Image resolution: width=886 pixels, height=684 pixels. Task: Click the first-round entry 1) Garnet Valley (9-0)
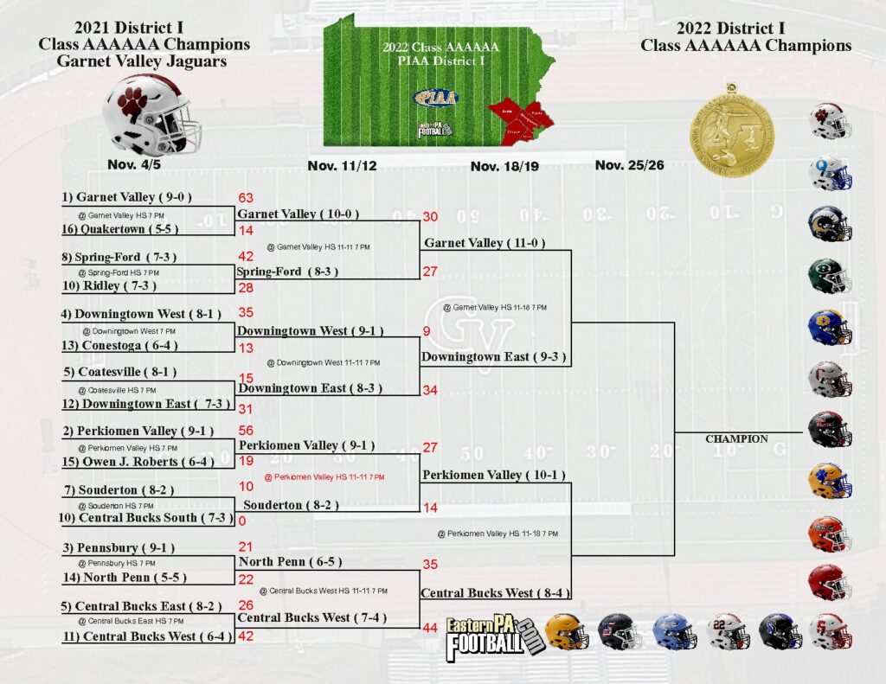point(126,197)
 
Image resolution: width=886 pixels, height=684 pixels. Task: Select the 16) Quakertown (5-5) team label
point(125,230)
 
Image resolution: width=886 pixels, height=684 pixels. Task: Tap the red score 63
point(247,199)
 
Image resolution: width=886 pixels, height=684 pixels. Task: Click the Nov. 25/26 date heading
point(629,165)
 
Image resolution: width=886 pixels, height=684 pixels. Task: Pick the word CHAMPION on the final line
point(736,439)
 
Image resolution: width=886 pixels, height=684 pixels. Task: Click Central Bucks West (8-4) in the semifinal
point(489,593)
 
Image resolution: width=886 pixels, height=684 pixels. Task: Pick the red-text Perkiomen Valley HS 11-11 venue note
point(324,476)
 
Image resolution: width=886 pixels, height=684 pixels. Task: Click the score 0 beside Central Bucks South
point(241,521)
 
